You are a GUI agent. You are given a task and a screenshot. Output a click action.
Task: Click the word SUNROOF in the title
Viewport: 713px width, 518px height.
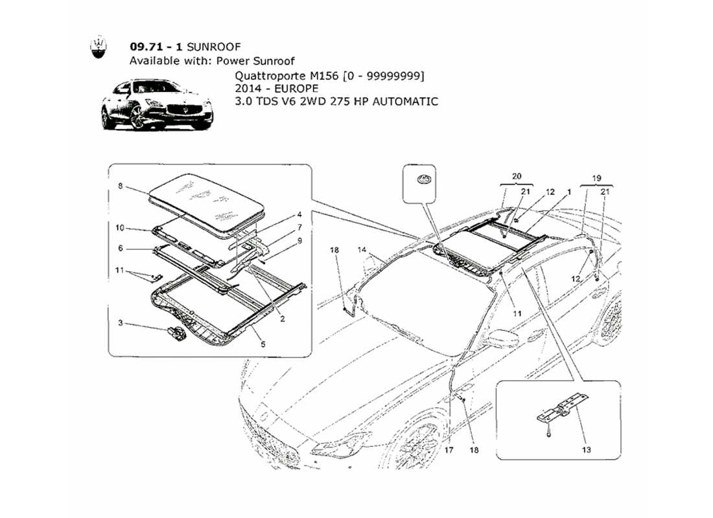[x=217, y=47]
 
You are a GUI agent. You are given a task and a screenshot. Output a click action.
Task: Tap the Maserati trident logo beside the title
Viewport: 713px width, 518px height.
[x=98, y=49]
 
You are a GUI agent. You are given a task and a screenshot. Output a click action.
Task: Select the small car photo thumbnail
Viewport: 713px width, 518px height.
[x=157, y=105]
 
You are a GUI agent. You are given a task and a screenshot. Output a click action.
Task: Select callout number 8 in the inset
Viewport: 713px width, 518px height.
[x=120, y=185]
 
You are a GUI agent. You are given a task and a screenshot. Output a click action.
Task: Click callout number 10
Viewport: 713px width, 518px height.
[x=120, y=228]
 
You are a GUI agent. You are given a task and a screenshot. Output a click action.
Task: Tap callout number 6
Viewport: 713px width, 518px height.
[x=120, y=248]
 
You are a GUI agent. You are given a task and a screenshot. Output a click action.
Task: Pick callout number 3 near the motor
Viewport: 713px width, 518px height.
[x=120, y=322]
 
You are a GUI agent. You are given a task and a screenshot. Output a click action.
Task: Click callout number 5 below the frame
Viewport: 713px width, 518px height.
[x=263, y=345]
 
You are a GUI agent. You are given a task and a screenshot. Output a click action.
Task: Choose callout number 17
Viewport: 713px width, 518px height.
[x=449, y=449]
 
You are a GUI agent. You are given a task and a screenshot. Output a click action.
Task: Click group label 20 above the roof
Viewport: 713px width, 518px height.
[x=516, y=175]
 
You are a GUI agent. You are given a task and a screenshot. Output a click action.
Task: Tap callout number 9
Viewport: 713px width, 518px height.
[x=299, y=240]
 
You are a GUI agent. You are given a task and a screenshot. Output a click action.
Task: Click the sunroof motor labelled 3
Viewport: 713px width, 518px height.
[x=175, y=333]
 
